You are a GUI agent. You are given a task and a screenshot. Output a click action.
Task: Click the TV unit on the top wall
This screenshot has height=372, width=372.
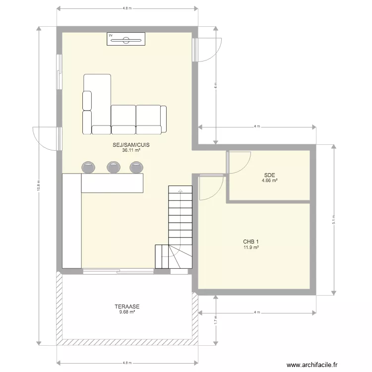pos(126,39)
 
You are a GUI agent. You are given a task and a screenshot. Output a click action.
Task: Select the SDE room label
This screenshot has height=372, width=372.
pos(270,175)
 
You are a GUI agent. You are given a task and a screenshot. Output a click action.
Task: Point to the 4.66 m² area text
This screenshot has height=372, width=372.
pos(270,181)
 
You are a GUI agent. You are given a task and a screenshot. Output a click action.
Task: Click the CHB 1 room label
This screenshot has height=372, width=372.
pos(251,242)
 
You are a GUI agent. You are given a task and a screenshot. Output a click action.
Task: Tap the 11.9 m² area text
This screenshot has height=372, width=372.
pos(251,247)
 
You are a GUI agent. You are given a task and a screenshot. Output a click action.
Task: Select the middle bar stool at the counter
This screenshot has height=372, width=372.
pos(113,167)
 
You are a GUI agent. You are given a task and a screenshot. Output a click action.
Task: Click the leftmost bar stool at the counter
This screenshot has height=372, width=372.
pos(90,167)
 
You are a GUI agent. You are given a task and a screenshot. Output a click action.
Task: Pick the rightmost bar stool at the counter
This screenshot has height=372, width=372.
pos(136,167)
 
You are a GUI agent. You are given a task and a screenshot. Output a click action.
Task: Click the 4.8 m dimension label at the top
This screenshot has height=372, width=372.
pos(127,8)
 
